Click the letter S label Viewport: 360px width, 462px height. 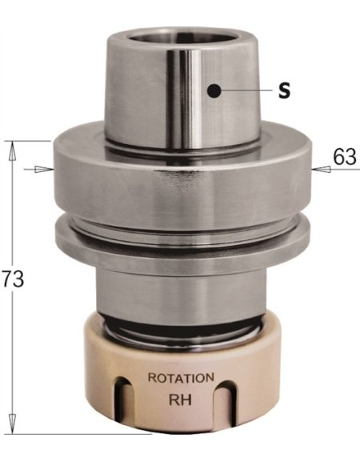pyautogui.click(x=284, y=90)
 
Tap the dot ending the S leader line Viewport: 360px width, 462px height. pyautogui.click(x=213, y=90)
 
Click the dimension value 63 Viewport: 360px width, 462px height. pyautogui.click(x=345, y=157)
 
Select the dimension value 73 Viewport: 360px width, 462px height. pyautogui.click(x=12, y=279)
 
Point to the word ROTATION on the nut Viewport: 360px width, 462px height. pyautogui.click(x=182, y=377)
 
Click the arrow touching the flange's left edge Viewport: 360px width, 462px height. pyautogui.click(x=39, y=169)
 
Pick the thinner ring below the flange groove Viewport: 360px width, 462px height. pyautogui.click(x=181, y=239)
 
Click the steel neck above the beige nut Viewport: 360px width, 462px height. pyautogui.click(x=181, y=292)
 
